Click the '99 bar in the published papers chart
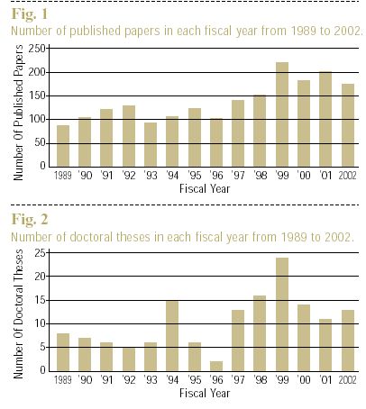coord(282,114)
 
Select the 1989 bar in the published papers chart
coord(63,146)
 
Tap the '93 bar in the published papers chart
coord(151,145)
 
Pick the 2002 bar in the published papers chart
coord(348,125)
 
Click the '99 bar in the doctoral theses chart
coord(282,314)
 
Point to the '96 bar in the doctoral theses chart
coord(216,366)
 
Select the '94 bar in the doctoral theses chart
coord(172,336)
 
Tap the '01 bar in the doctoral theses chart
coord(325,345)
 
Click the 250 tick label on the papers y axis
coord(37,49)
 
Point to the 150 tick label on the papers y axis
coord(37,95)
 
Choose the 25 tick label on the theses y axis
coord(40,253)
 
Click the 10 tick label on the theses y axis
coord(40,323)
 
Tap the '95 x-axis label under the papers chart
coord(194,175)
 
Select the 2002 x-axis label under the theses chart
coord(347,380)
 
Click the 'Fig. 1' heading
coord(30,14)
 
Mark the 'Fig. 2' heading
coord(30,219)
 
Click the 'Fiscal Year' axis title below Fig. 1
coord(205,188)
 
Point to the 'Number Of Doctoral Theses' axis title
coord(18,314)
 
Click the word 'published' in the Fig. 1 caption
coord(95,32)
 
